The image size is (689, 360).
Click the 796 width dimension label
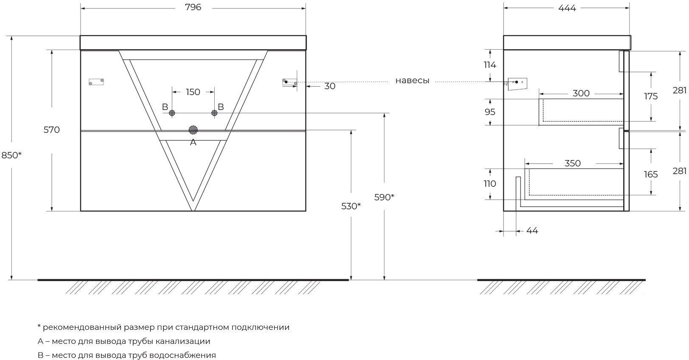193,8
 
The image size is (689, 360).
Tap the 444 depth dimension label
567,8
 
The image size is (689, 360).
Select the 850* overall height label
11,155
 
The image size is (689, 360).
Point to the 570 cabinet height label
51,130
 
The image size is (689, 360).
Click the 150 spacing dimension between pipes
193,92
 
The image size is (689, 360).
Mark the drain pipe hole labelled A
193,130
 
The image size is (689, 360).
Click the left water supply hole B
172,113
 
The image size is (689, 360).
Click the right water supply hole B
214,113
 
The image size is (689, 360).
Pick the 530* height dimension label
351,206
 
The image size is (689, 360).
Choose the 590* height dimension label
384,197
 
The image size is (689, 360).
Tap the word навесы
412,81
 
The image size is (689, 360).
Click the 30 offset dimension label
330,86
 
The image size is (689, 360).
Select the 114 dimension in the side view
490,65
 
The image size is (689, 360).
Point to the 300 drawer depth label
581,93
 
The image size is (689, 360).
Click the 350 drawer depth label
572,163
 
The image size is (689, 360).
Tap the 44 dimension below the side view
532,231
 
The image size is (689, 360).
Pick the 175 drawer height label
651,96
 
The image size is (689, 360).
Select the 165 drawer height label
651,174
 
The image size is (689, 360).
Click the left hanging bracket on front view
96,82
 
